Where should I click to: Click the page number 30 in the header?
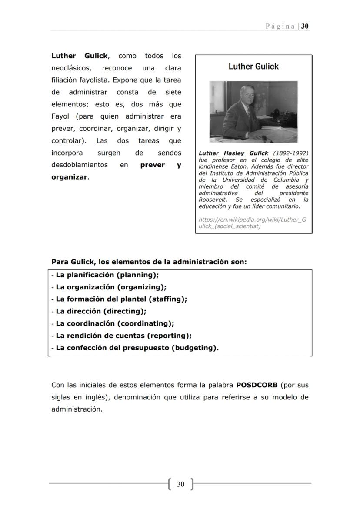(x=305, y=26)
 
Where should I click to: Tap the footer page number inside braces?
(x=181, y=484)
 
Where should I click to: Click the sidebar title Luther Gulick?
(x=253, y=67)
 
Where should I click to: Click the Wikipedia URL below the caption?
(x=252, y=223)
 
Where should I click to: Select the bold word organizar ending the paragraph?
(x=70, y=177)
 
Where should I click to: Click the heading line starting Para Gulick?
(x=149, y=262)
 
